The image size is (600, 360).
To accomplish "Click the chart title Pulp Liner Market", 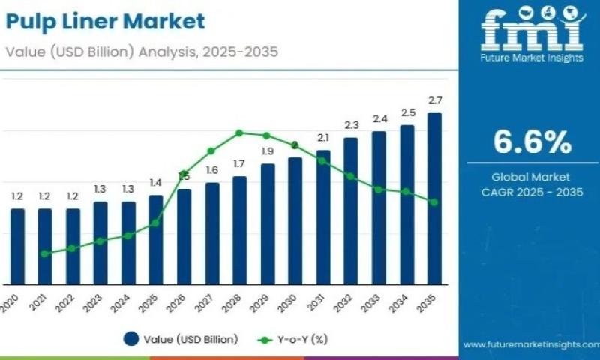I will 104,22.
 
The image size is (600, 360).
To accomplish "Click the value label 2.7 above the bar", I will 434,100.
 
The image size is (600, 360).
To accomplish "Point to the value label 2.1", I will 323,138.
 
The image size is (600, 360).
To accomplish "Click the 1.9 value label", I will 268,151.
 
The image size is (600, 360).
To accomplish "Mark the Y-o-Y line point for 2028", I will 239,133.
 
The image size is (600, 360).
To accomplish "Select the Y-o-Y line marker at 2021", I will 45,253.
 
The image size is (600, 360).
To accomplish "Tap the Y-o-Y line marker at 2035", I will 434,202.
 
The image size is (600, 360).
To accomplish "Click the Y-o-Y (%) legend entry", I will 293,340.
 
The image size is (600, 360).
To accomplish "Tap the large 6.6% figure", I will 532,142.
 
